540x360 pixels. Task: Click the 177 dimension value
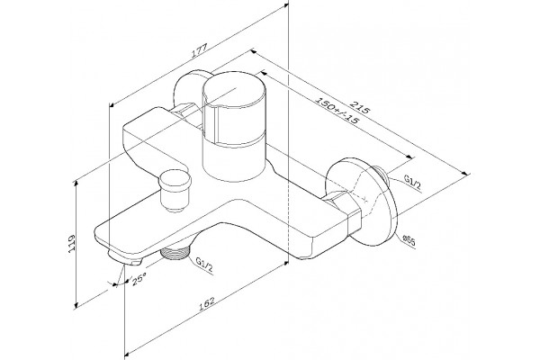200,50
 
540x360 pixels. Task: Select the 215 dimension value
360,106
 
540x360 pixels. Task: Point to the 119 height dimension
71,244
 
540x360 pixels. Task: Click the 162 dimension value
207,302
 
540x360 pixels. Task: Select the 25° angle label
139,278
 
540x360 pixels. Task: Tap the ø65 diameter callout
409,240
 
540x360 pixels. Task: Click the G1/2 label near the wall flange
412,182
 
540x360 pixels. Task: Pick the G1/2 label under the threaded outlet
204,264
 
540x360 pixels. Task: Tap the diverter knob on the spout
175,190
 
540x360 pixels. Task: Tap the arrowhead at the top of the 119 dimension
76,182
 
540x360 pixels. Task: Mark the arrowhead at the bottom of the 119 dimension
76,304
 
